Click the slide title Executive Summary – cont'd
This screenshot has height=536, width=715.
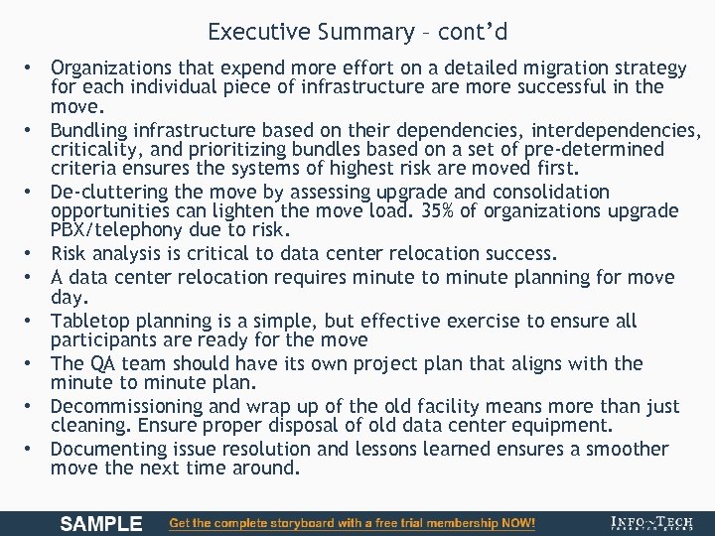click(357, 32)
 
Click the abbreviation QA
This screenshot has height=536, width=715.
click(103, 364)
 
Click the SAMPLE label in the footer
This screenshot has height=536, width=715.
click(101, 523)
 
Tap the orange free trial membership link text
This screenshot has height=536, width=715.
click(353, 523)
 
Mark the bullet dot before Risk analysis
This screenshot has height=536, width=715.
click(32, 253)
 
